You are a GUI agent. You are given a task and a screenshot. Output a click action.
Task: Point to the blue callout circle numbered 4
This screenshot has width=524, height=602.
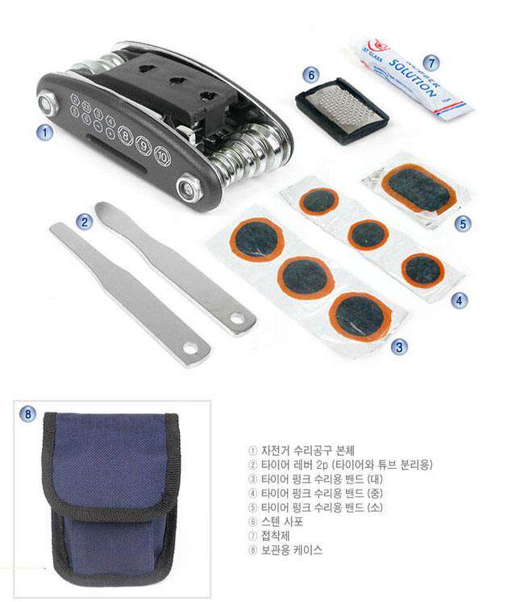click(x=458, y=300)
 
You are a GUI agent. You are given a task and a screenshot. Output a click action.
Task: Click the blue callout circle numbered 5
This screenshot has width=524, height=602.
click(x=461, y=221)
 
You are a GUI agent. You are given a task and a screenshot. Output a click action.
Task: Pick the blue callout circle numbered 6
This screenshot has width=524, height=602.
click(x=312, y=73)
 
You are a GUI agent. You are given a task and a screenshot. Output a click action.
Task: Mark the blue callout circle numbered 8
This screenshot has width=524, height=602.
click(x=28, y=415)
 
